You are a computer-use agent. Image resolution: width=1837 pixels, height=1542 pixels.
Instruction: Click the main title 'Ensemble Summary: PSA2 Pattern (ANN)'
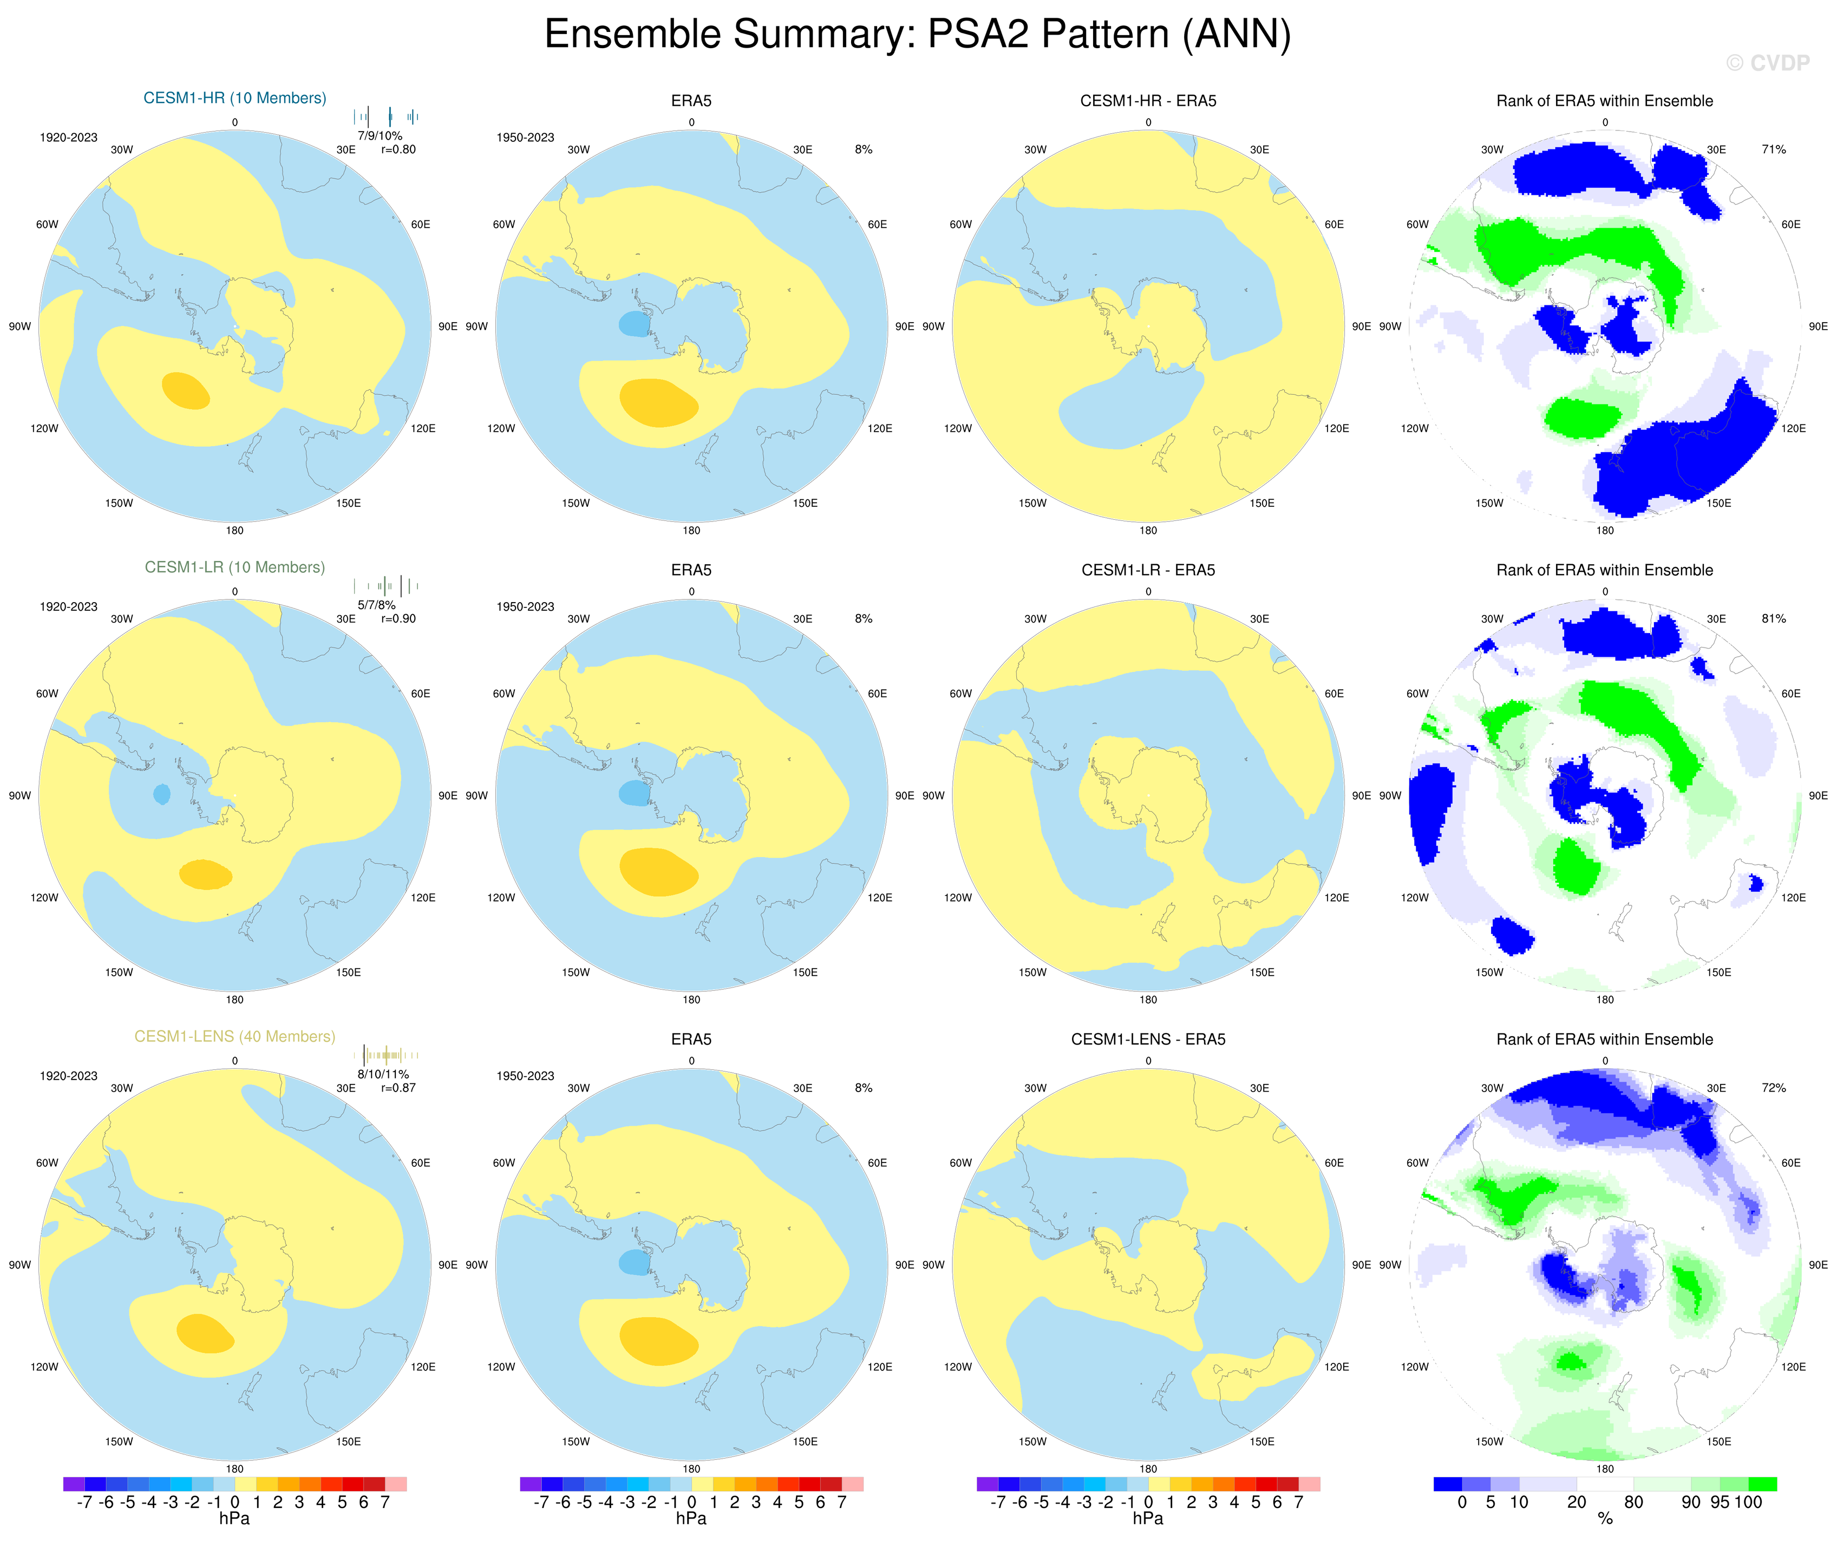point(918,35)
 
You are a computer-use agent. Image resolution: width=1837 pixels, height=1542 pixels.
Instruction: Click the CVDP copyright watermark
point(1767,63)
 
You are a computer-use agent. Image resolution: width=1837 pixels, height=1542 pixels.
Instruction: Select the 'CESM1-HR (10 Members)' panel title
point(234,98)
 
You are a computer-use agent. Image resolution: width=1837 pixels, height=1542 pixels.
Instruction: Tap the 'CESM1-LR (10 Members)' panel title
point(234,567)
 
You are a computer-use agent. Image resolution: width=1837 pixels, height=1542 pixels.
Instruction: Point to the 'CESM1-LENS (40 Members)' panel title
point(234,1036)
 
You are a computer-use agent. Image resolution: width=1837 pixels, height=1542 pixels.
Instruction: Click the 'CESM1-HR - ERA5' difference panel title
point(1148,101)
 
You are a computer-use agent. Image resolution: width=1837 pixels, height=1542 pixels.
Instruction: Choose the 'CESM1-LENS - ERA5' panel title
point(1148,1039)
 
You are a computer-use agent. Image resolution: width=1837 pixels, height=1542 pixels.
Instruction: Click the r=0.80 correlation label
point(398,149)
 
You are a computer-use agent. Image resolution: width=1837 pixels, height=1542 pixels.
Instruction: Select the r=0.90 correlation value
point(398,618)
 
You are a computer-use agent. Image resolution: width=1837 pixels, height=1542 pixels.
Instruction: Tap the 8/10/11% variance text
point(382,1074)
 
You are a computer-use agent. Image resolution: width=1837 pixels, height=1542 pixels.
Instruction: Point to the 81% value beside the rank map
point(1773,618)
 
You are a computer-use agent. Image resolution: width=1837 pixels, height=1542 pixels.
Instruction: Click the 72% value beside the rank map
point(1773,1088)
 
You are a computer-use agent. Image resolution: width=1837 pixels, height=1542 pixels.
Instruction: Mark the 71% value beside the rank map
point(1773,149)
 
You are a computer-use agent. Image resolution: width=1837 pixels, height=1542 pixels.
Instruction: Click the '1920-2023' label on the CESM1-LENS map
point(68,1076)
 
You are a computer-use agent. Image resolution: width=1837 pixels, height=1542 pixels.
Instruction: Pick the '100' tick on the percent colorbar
point(1748,1502)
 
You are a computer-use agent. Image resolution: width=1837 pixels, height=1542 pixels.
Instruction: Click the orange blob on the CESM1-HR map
point(186,390)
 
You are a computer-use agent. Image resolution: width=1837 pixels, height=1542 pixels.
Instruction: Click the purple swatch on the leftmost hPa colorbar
point(74,1484)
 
